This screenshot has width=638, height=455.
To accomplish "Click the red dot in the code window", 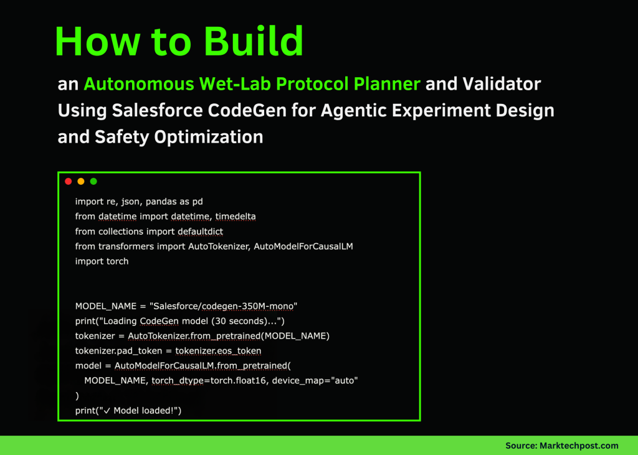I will point(69,181).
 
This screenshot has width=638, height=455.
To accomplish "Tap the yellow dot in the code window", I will point(81,181).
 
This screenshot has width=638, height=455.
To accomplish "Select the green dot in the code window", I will point(93,181).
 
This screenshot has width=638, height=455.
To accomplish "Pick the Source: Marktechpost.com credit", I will point(561,445).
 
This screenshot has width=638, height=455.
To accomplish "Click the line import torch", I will point(102,261).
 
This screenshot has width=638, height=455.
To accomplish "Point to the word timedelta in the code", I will point(236,217).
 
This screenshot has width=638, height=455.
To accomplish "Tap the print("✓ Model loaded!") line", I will point(128,411).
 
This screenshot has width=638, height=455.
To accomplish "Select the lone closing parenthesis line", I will point(77,396).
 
